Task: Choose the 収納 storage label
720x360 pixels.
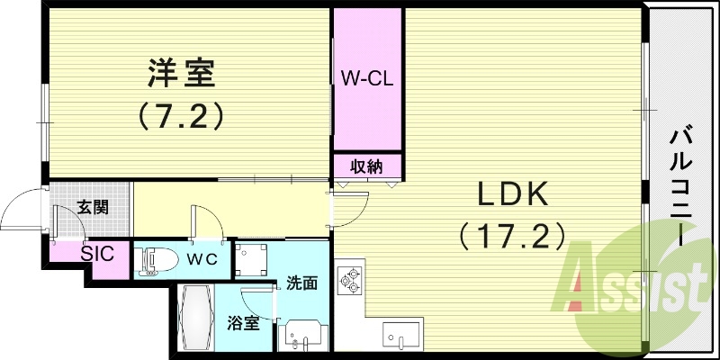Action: point(366,166)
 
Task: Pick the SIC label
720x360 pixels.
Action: point(97,253)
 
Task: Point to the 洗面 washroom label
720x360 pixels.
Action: point(301,283)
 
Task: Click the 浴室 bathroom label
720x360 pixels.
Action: point(244,322)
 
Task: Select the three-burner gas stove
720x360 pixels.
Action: point(348,280)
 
